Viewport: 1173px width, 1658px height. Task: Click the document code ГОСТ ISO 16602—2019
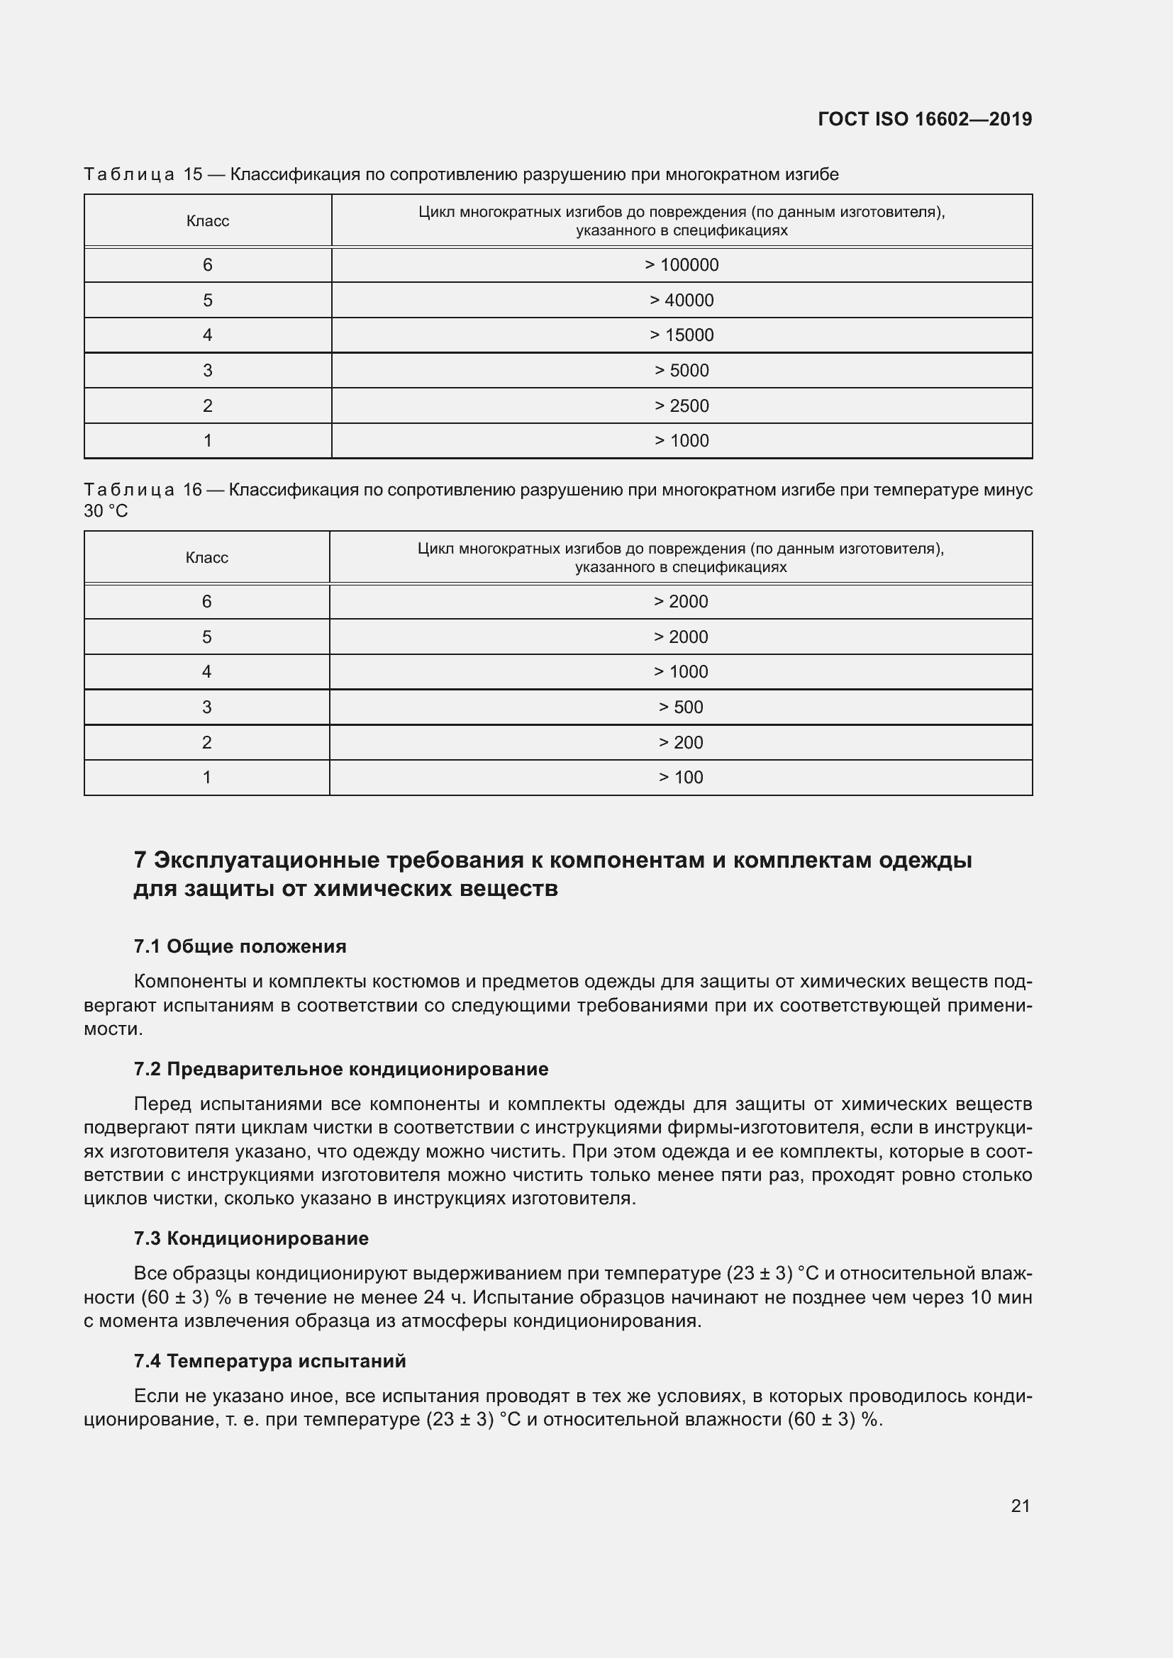tap(925, 119)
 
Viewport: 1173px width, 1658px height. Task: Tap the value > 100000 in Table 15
tap(681, 265)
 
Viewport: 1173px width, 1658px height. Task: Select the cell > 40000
tap(681, 301)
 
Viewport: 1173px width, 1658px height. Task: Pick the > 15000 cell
tap(681, 335)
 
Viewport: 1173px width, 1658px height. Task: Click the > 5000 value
tap(681, 371)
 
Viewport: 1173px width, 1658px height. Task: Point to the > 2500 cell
tap(681, 406)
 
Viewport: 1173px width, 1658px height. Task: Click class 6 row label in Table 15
tap(207, 265)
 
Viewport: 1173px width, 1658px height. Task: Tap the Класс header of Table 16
tap(206, 557)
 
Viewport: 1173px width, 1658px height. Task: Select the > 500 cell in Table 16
tap(680, 707)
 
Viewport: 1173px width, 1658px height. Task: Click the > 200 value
tap(680, 742)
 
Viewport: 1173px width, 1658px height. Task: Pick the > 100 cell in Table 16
tap(680, 777)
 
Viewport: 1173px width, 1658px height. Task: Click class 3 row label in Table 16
tap(206, 707)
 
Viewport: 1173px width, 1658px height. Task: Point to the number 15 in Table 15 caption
tap(193, 174)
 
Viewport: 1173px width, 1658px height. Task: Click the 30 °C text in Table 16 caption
tap(106, 511)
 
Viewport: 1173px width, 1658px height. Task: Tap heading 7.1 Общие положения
tap(240, 946)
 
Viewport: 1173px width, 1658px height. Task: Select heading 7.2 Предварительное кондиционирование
tap(341, 1069)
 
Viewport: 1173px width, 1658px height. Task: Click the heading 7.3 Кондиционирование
tap(250, 1238)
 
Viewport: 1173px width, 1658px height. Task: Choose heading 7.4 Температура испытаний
tap(269, 1361)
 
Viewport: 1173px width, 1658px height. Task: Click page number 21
tap(1020, 1506)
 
